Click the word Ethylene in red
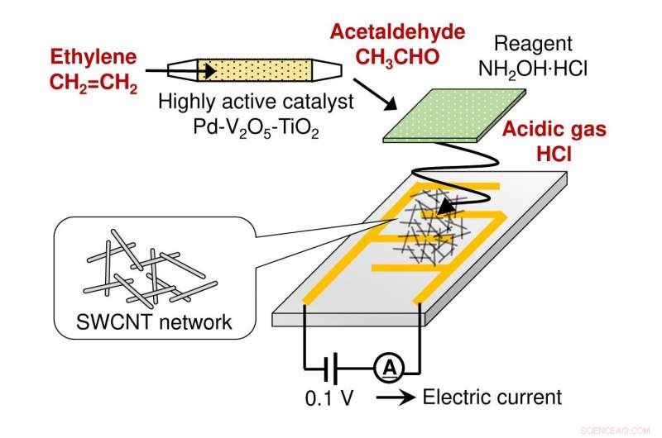click(x=91, y=60)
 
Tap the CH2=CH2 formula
click(x=92, y=85)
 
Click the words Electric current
click(x=492, y=398)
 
